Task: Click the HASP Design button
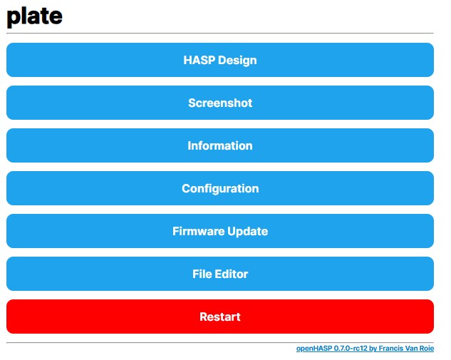[x=220, y=60]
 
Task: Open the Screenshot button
[x=220, y=103]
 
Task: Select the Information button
[x=220, y=145]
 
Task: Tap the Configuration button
[x=220, y=188]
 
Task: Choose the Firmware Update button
[x=220, y=231]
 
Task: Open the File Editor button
[x=220, y=274]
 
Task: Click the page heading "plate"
[x=34, y=16]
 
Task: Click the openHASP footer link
[x=365, y=349]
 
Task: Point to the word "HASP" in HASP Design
[x=199, y=60]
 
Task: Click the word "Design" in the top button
[x=237, y=61]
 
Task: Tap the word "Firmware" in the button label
[x=199, y=231]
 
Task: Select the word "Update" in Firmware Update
[x=248, y=232]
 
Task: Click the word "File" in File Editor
[x=202, y=274]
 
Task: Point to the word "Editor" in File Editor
[x=232, y=274]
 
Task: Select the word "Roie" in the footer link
[x=427, y=349]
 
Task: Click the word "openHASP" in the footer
[x=314, y=349]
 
